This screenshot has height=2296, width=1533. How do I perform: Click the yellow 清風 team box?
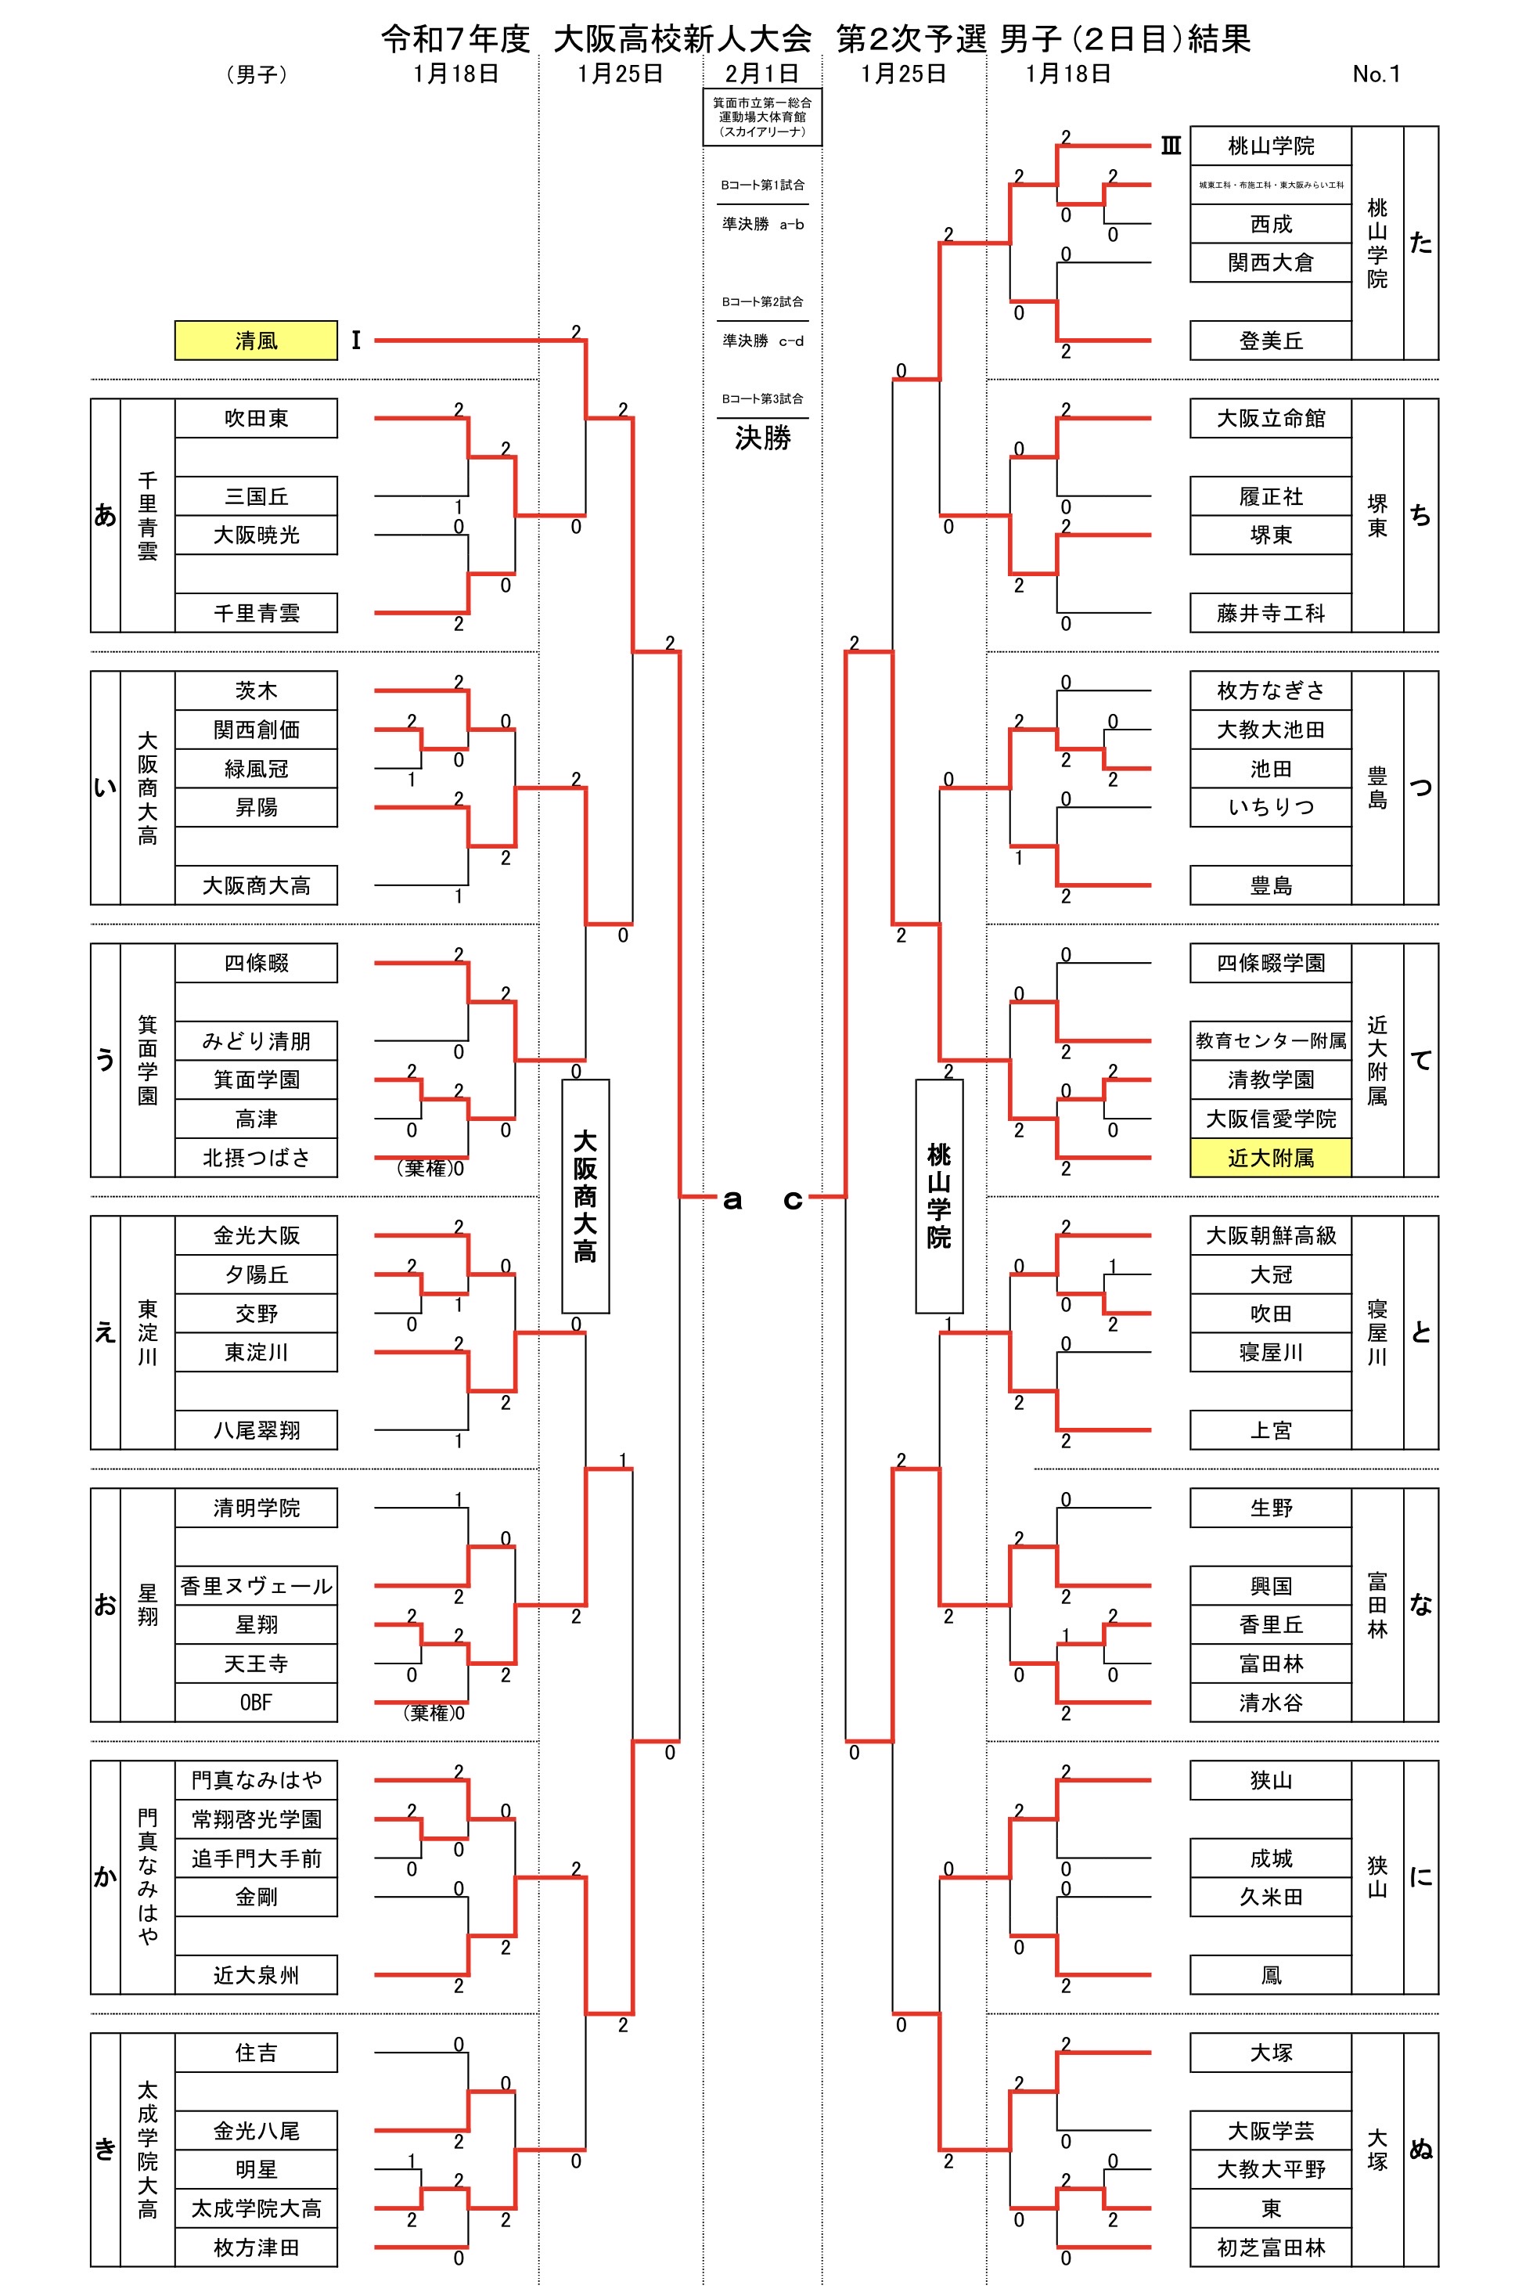(x=255, y=341)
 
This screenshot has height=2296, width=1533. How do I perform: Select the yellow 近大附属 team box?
(x=1270, y=1158)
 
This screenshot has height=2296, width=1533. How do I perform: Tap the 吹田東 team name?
(x=255, y=419)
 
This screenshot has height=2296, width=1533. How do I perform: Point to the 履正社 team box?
(x=1270, y=497)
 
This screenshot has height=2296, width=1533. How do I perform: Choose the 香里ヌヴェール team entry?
(x=255, y=1586)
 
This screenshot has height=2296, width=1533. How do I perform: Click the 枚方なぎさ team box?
(x=1270, y=690)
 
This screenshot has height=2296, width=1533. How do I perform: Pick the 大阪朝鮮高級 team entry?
(x=1270, y=1236)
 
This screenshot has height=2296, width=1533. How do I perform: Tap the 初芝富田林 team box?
(x=1270, y=2248)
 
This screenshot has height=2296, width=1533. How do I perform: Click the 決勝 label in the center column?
(x=763, y=438)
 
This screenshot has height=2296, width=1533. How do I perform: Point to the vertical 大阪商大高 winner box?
(x=585, y=1196)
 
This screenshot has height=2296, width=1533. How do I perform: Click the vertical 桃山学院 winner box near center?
(x=938, y=1196)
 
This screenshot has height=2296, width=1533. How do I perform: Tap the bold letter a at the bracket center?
(x=732, y=1200)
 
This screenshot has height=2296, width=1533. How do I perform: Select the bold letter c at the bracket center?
(x=793, y=1200)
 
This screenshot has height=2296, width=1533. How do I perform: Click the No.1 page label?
(x=1376, y=74)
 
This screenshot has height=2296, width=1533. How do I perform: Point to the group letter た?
(x=1420, y=243)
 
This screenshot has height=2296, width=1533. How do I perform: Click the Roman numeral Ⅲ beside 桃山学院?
(x=1170, y=146)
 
